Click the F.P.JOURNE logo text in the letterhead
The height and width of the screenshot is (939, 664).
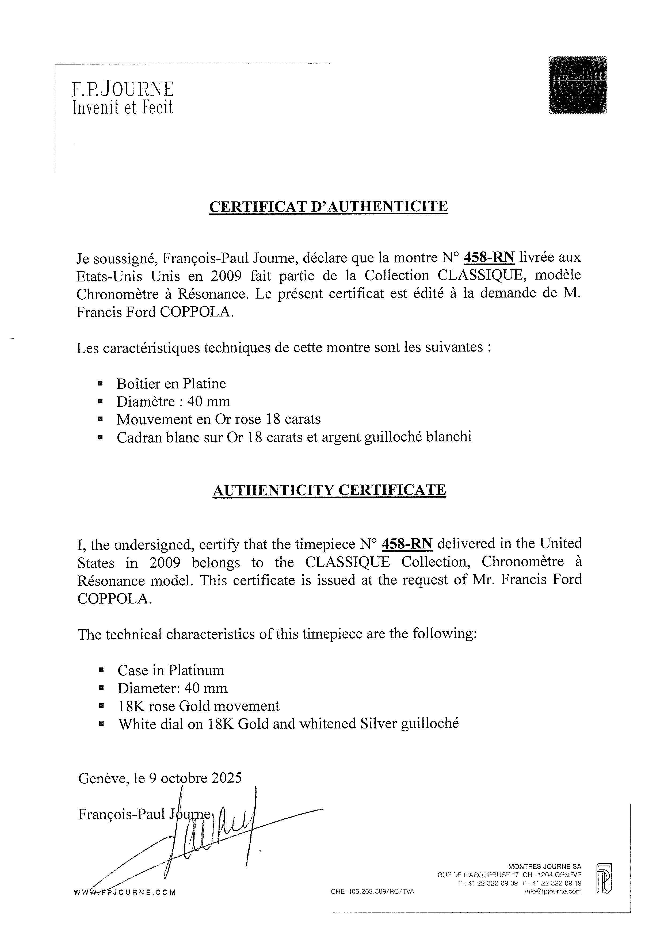tap(123, 89)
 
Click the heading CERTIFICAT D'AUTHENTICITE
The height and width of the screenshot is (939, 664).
tap(328, 206)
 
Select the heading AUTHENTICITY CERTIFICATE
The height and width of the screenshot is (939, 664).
tap(329, 490)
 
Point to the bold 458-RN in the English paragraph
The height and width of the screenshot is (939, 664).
tap(407, 544)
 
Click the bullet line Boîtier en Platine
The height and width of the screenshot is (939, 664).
tap(171, 384)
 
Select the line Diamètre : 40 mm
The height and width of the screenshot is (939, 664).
tap(173, 402)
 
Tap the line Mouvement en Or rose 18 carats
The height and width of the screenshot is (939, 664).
tap(218, 419)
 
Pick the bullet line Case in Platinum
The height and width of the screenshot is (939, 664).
tap(171, 670)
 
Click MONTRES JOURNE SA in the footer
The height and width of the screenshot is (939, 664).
tap(544, 866)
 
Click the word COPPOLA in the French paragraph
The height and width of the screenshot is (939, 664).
tap(196, 312)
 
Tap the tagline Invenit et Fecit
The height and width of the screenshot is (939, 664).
tap(123, 107)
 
